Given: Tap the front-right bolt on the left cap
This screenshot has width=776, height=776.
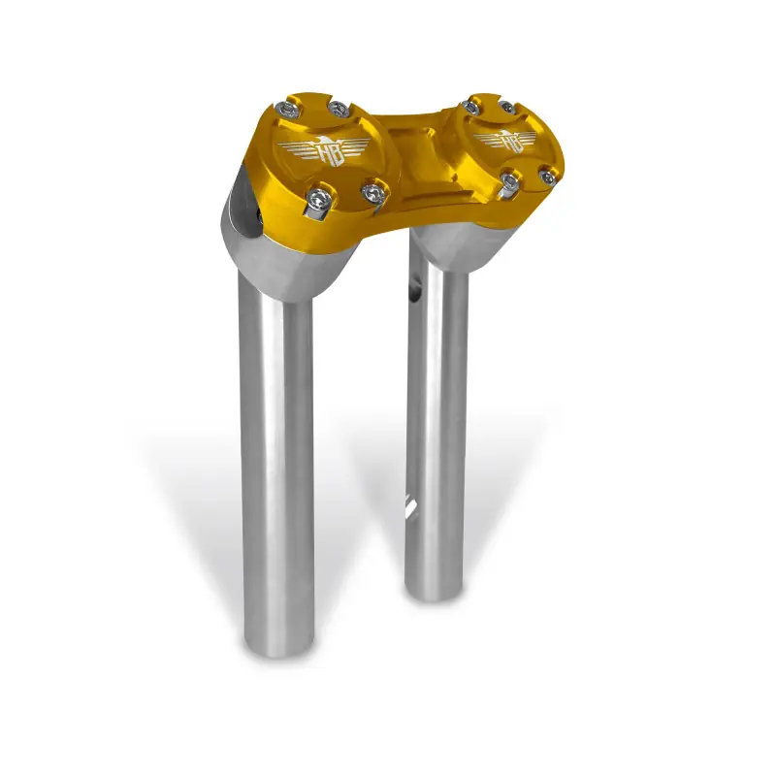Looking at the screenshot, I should click(371, 192).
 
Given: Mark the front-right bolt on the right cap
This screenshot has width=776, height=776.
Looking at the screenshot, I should click(548, 176).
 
